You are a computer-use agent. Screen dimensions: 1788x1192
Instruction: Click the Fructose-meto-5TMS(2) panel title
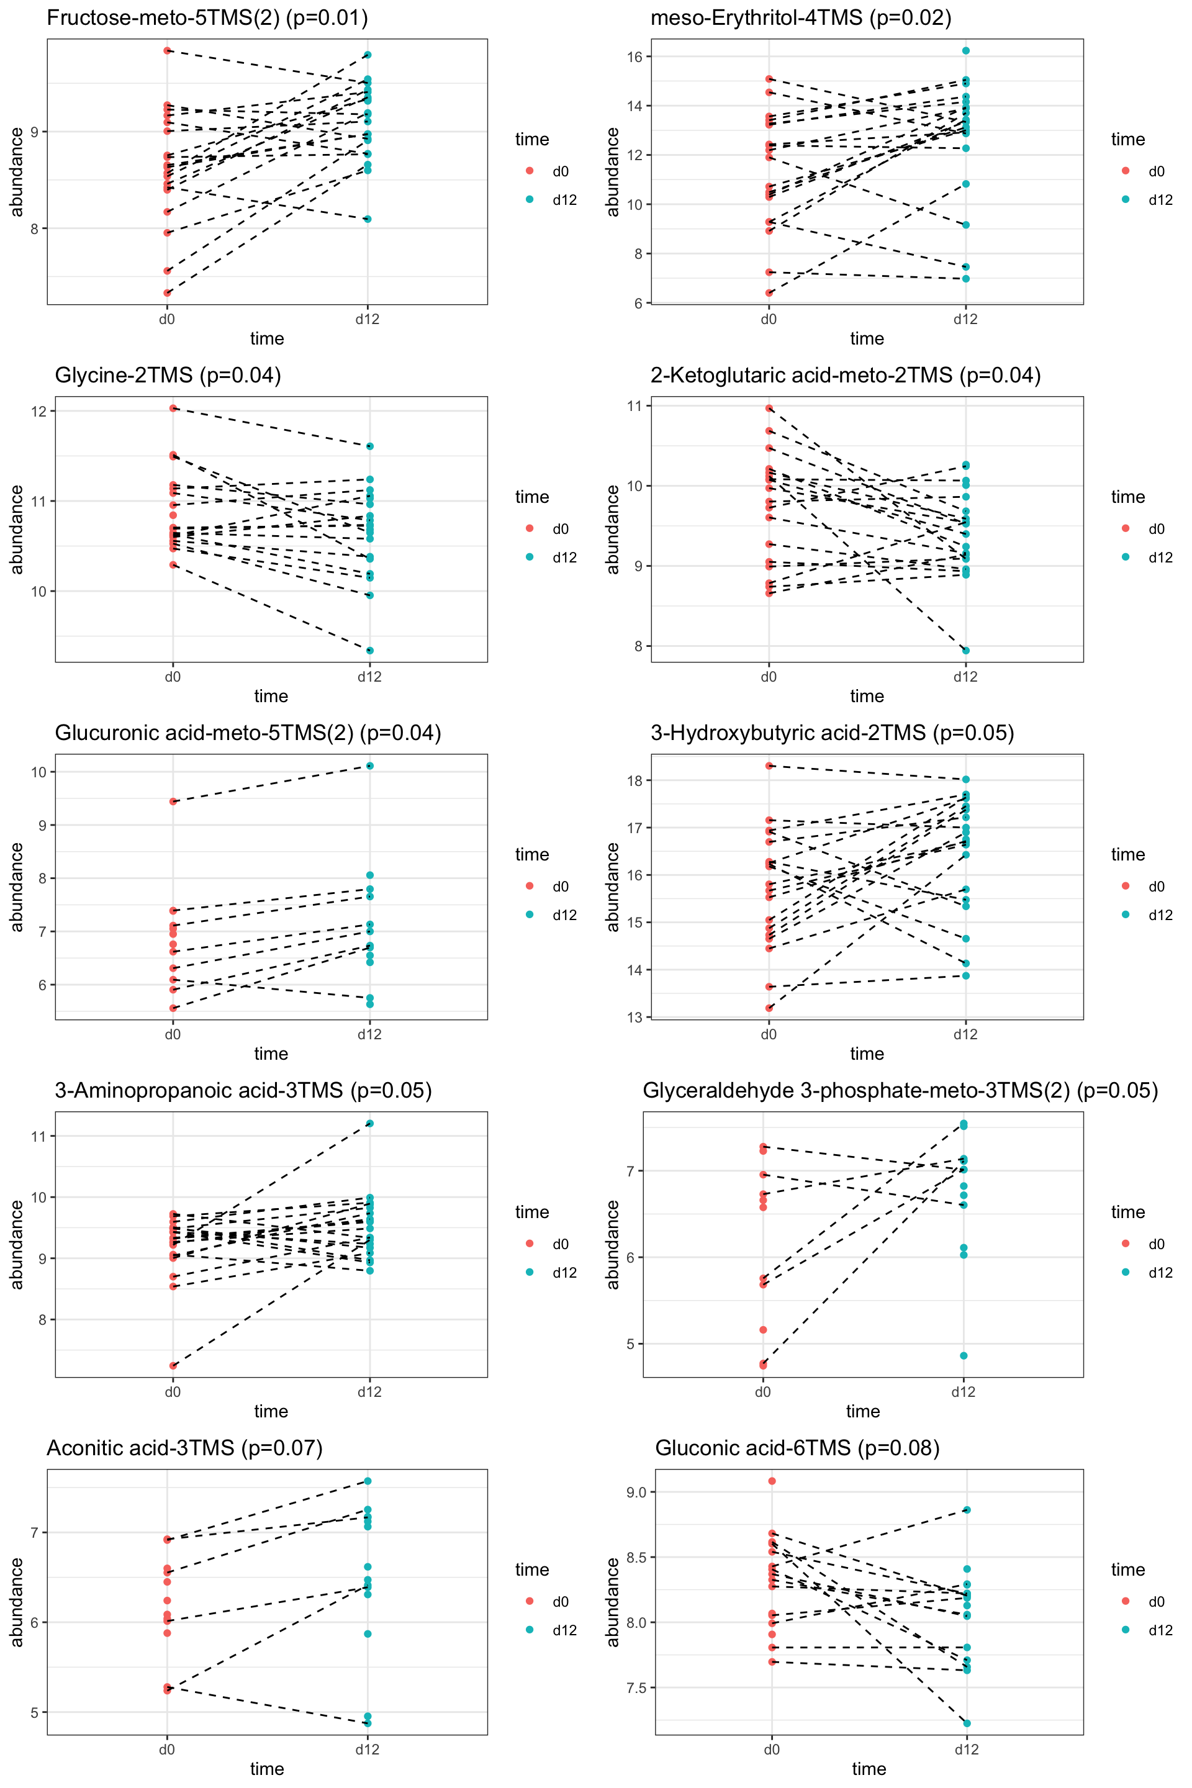click(207, 18)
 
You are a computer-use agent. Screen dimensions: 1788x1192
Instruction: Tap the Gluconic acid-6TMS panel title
click(797, 1448)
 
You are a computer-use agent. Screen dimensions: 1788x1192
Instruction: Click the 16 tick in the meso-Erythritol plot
click(634, 57)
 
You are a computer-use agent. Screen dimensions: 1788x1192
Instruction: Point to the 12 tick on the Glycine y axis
click(38, 411)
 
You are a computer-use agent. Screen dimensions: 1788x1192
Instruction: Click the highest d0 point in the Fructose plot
click(167, 50)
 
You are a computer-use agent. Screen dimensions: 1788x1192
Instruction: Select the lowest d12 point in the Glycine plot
click(370, 651)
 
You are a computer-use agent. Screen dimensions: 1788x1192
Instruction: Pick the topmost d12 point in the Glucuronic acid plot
click(370, 765)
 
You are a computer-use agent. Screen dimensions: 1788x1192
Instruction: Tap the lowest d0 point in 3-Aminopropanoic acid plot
click(173, 1366)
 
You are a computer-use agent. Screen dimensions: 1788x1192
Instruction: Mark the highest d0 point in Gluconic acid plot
click(772, 1481)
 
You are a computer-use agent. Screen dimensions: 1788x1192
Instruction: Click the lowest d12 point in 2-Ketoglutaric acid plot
click(966, 651)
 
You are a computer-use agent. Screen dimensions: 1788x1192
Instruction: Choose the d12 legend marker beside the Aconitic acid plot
click(530, 1629)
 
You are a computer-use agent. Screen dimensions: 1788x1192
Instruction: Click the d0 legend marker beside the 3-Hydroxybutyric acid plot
click(1126, 886)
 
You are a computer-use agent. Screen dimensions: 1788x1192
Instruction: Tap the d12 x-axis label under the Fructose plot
click(367, 319)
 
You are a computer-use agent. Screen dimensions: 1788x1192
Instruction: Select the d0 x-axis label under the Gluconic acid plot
click(772, 1750)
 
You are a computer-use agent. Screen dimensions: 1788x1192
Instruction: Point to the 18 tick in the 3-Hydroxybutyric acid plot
click(634, 781)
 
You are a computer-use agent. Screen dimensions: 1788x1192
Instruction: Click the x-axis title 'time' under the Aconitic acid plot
click(267, 1769)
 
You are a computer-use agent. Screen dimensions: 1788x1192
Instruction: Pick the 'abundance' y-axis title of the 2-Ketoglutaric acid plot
click(613, 529)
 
